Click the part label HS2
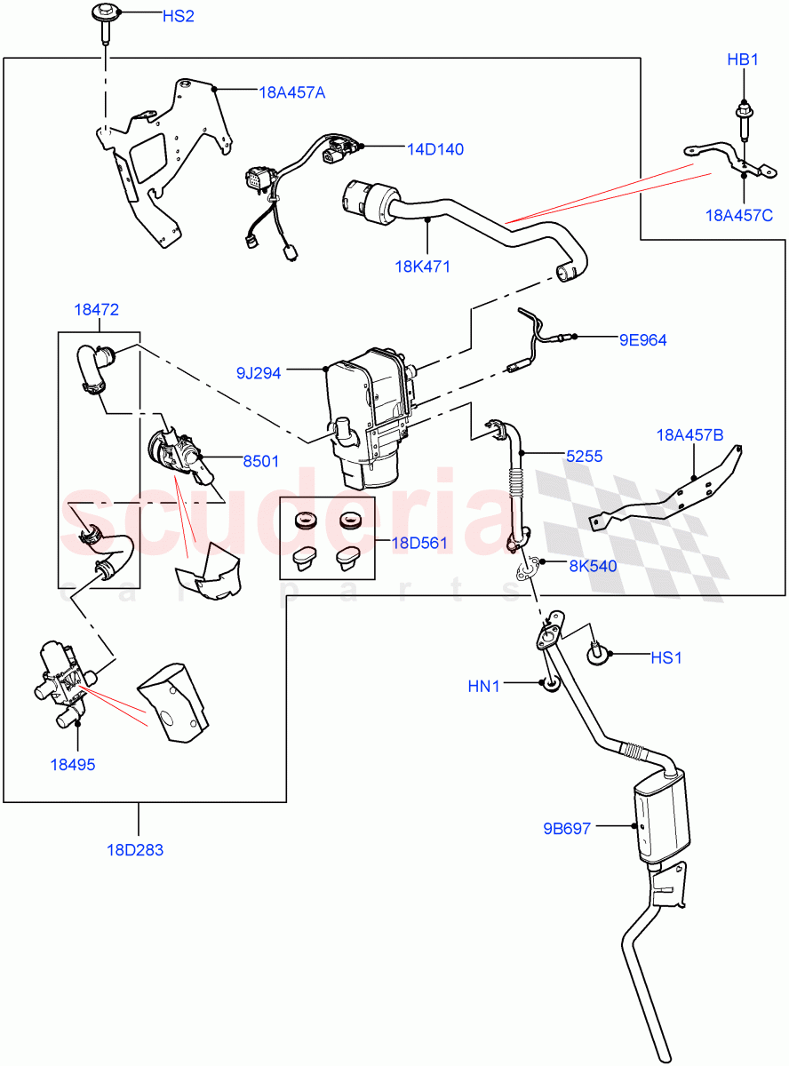coord(178,16)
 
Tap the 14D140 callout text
coord(435,149)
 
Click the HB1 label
coord(742,61)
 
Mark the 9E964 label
coord(643,339)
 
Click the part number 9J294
coord(258,373)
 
